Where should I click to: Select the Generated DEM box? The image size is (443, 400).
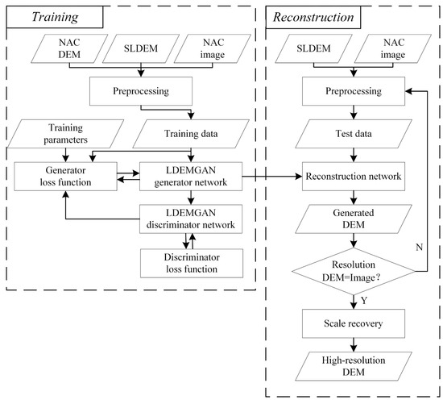(x=348, y=219)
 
